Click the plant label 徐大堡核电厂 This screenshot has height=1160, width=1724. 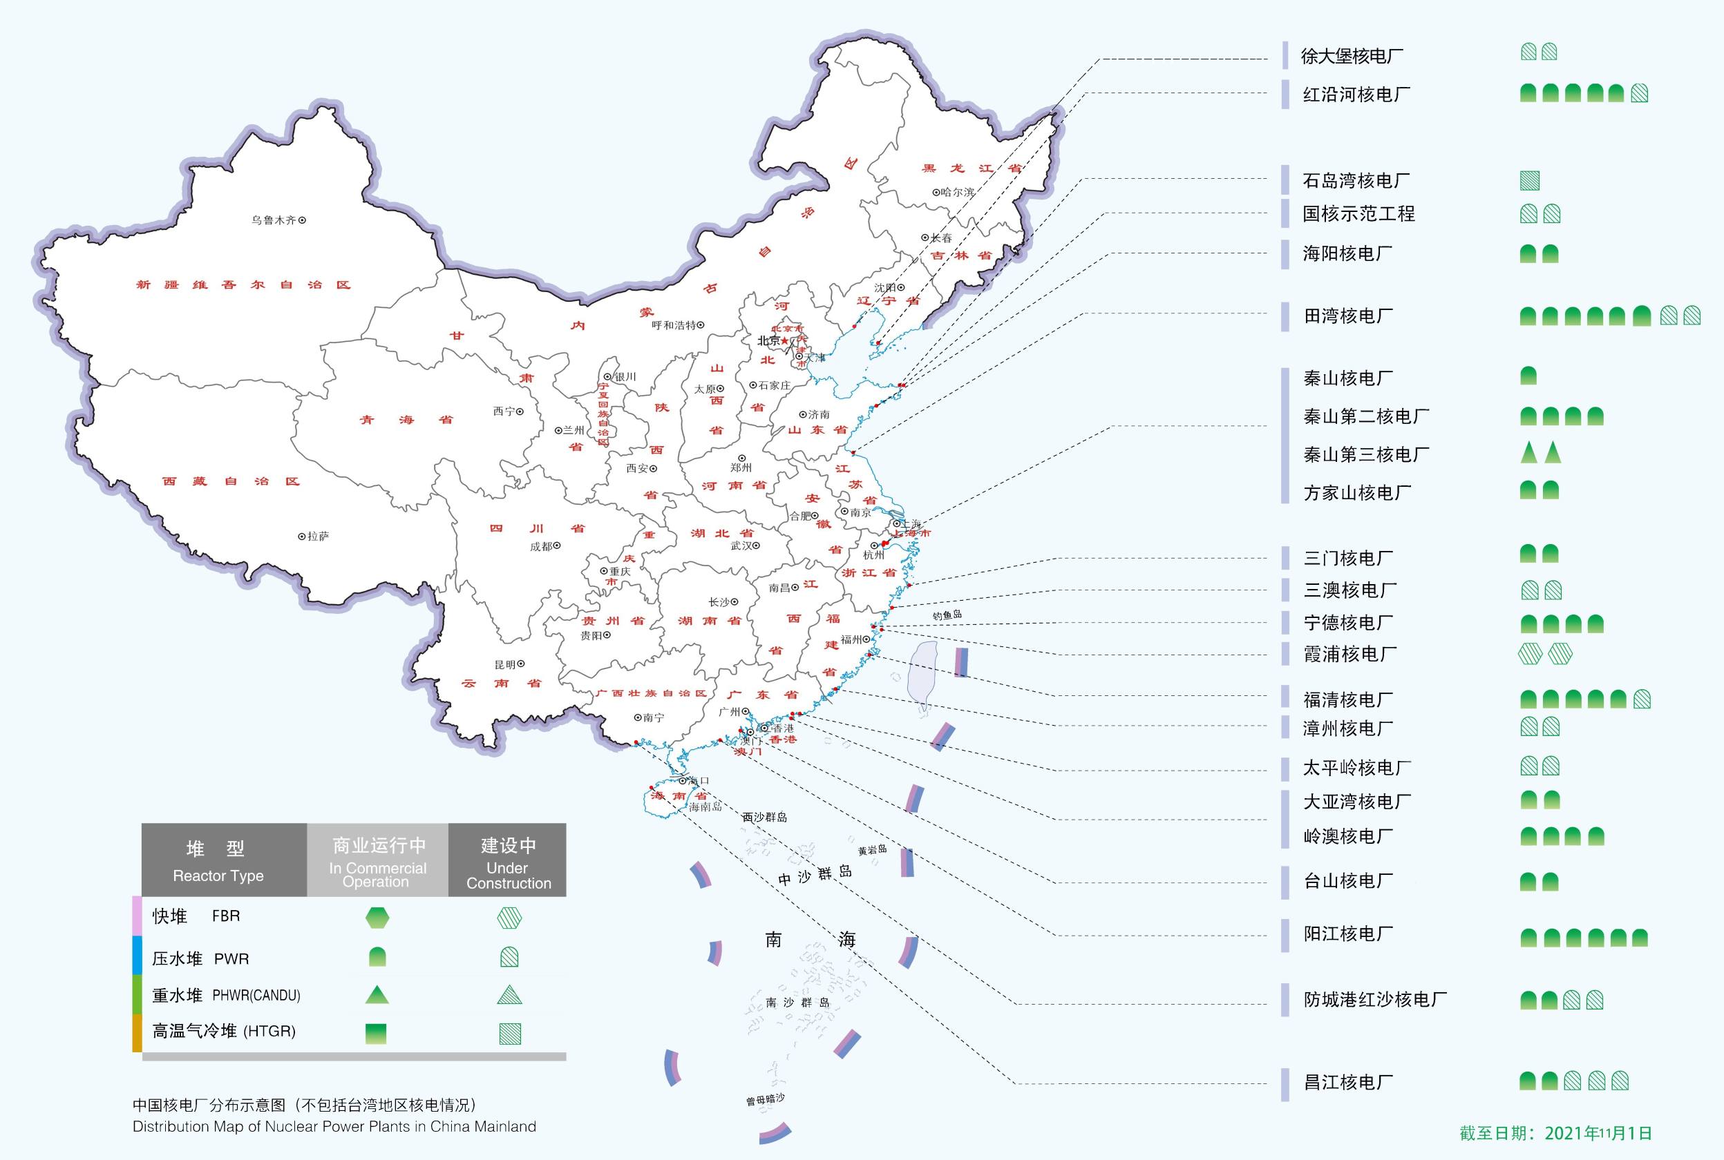pos(1352,56)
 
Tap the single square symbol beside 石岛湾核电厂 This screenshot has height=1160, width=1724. pos(1529,180)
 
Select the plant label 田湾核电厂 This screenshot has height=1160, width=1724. pos(1348,317)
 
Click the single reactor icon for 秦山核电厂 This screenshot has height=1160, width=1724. pos(1528,376)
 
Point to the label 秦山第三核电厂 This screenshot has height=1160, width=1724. pos(1366,455)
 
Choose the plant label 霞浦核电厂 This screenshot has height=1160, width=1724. pos(1349,654)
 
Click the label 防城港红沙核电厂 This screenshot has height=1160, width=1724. pos(1374,1000)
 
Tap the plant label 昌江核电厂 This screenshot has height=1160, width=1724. pos(1348,1083)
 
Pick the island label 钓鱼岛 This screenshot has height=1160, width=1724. pos(947,615)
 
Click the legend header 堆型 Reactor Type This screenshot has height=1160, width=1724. pos(218,860)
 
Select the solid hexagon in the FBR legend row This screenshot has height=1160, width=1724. pos(377,918)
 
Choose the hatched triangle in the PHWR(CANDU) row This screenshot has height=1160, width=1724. pos(509,995)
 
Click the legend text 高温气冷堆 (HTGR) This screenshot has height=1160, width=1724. pos(224,1032)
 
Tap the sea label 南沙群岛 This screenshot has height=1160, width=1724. pos(797,1003)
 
